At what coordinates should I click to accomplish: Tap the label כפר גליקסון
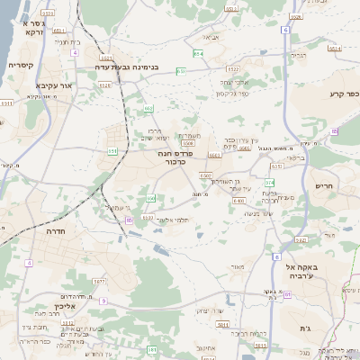pyautogui.click(x=231, y=94)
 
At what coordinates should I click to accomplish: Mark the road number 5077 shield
pyautogui.click(x=99, y=282)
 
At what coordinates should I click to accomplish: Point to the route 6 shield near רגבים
pyautogui.click(x=285, y=30)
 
